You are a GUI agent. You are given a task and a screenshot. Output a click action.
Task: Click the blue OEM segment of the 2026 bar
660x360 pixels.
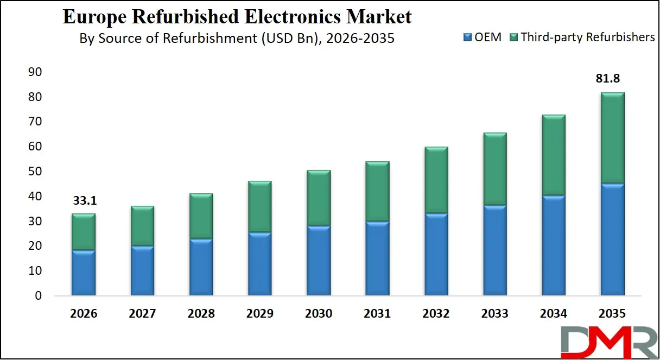point(84,273)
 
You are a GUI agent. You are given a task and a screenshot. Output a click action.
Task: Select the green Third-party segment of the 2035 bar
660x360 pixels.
point(612,138)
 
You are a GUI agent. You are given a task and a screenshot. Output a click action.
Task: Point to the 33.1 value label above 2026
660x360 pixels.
point(84,201)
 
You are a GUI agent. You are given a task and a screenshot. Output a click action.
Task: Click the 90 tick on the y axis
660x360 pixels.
point(34,72)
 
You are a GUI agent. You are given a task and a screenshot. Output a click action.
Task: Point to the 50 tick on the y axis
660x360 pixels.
point(34,172)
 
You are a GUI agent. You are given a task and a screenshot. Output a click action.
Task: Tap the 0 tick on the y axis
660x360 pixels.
point(37,296)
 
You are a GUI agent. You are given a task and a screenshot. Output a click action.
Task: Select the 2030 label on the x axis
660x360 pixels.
point(319,314)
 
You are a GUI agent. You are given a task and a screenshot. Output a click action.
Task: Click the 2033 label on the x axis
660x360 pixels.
point(494,314)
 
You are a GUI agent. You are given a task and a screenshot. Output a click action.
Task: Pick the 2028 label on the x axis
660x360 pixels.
point(201,314)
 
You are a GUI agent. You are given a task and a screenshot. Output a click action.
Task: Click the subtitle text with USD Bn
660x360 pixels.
point(237,39)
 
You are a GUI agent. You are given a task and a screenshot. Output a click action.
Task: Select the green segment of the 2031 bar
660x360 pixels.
point(377,191)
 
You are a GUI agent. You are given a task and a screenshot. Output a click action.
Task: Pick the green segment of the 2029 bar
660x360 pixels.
point(260,206)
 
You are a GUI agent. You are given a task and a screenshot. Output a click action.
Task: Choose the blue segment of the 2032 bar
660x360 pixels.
point(436,254)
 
